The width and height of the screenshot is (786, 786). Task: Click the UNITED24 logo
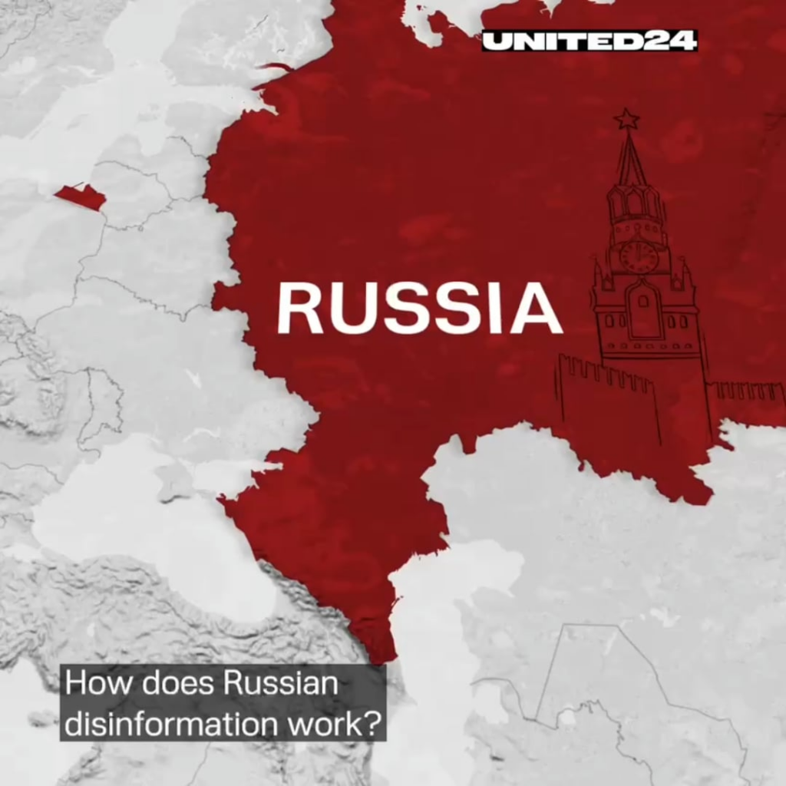click(589, 41)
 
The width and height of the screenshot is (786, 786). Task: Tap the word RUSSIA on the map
click(420, 308)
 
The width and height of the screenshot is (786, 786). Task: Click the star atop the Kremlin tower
click(626, 119)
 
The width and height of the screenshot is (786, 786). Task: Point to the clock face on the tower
click(639, 256)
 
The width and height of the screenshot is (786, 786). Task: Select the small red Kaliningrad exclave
click(81, 196)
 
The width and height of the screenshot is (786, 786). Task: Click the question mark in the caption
click(374, 724)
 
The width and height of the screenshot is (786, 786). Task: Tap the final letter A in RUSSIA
click(536, 308)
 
